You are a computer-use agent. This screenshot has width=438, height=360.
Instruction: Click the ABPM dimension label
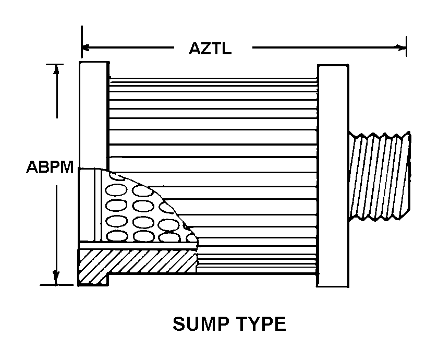50,169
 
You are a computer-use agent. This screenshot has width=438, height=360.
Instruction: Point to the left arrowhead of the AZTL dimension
86,49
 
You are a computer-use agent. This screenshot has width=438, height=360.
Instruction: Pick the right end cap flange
333,175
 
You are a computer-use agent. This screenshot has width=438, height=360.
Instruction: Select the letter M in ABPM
67,169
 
